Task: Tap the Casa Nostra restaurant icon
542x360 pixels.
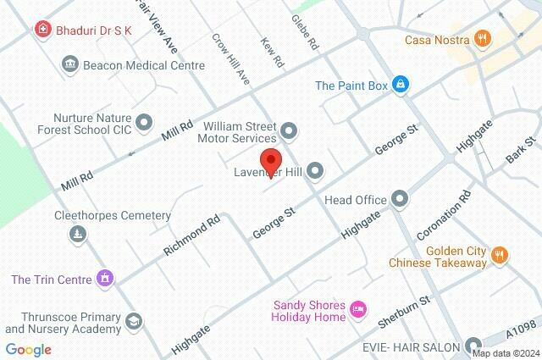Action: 482,37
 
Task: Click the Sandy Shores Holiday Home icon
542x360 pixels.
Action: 358,311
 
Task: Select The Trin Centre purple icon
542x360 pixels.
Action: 105,277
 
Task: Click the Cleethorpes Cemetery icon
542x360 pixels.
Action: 78,233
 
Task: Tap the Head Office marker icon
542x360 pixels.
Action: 400,200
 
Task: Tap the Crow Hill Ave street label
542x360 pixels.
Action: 230,59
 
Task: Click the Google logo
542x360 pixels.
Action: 28,349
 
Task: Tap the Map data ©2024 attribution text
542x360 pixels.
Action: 506,354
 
